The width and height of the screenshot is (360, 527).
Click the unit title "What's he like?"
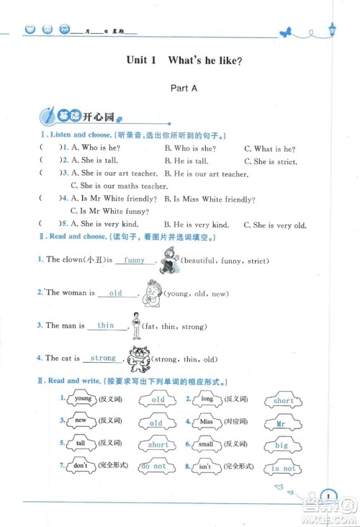coord(204,61)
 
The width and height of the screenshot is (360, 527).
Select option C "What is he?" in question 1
coord(270,148)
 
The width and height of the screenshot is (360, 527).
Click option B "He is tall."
coord(186,161)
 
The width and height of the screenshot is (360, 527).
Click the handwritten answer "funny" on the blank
coord(134,260)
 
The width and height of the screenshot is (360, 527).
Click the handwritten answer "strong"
coord(103,358)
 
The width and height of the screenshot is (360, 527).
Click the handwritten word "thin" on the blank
coord(106,325)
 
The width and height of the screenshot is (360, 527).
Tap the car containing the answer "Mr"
coord(282,423)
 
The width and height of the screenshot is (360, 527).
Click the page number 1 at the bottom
coord(328,495)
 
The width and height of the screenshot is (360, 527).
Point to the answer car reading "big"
coord(282,445)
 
